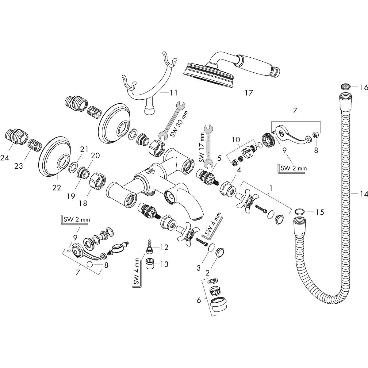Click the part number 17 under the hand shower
[249, 92]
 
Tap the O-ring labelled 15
[299, 212]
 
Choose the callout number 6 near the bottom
[199, 300]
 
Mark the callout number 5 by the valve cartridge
[219, 159]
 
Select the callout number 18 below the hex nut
[83, 203]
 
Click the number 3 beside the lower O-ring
[198, 268]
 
